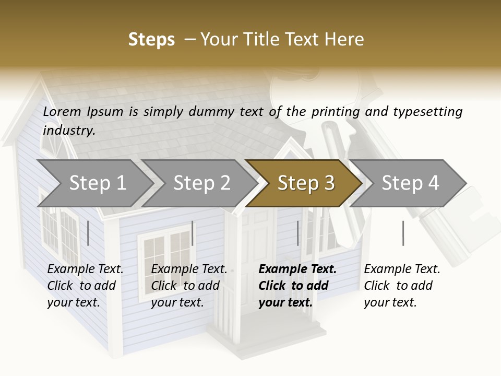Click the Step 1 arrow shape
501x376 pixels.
[97, 183]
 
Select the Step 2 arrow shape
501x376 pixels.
[201, 183]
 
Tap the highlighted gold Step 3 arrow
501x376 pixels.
[305, 183]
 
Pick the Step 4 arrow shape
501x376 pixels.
[410, 183]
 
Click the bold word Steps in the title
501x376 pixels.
[151, 40]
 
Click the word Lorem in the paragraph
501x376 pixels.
[62, 111]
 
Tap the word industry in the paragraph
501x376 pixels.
[68, 131]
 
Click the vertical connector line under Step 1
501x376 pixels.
[88, 233]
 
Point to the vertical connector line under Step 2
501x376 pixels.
[193, 233]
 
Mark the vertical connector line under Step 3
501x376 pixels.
[297, 233]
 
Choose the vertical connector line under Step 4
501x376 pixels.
[403, 233]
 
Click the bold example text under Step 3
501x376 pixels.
[296, 286]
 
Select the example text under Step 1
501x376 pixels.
[85, 286]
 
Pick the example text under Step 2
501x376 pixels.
[188, 286]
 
